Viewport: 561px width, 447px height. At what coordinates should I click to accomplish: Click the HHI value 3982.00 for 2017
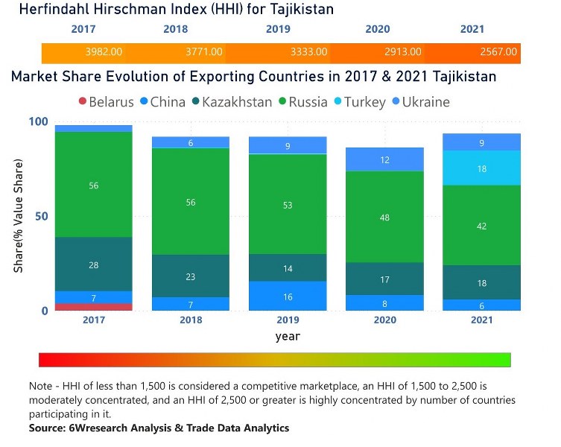(x=104, y=52)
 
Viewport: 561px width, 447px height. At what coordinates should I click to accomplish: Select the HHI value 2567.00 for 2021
(x=498, y=52)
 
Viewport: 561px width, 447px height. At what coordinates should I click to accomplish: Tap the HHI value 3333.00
(x=308, y=52)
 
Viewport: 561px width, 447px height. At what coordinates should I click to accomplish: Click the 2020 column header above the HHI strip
(x=378, y=30)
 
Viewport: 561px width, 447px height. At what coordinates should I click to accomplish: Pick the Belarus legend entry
(x=105, y=102)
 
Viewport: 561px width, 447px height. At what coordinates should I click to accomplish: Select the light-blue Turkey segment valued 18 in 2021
(x=481, y=168)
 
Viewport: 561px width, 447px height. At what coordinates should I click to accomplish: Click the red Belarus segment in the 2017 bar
(x=94, y=307)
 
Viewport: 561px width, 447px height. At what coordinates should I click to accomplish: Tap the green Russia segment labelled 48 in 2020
(x=384, y=217)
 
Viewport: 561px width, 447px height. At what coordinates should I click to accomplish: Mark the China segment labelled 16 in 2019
(x=288, y=296)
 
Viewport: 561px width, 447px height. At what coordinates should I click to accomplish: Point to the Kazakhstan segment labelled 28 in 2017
(x=94, y=264)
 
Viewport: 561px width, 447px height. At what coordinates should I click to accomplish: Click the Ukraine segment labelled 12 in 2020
(x=384, y=159)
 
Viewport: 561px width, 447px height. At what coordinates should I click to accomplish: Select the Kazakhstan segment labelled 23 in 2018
(x=191, y=276)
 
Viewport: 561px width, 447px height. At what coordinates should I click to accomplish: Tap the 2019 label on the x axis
(x=288, y=320)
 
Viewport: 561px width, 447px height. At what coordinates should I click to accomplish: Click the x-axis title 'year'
(x=288, y=336)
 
